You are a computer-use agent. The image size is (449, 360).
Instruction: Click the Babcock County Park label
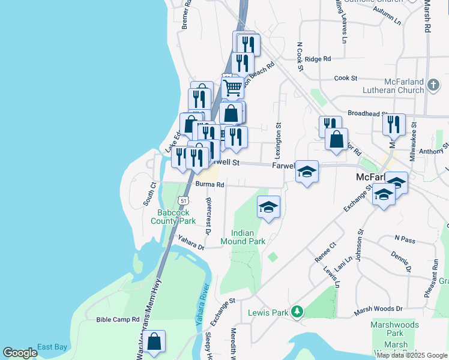coord(176,217)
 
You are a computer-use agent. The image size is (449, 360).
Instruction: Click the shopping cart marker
coord(232,88)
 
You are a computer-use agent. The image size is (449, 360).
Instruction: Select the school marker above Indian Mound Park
coord(268,208)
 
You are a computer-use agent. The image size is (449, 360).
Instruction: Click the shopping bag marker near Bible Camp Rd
coord(154,342)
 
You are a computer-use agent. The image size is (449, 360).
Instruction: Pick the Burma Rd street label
coord(209,185)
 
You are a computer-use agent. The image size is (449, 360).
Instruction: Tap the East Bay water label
coord(52,347)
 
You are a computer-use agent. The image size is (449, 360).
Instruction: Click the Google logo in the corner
coord(20,353)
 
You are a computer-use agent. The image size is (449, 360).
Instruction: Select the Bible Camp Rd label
coord(118,320)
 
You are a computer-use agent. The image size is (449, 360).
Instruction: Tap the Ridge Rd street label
coord(318,59)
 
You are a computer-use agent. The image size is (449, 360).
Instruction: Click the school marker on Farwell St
coord(307,172)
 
